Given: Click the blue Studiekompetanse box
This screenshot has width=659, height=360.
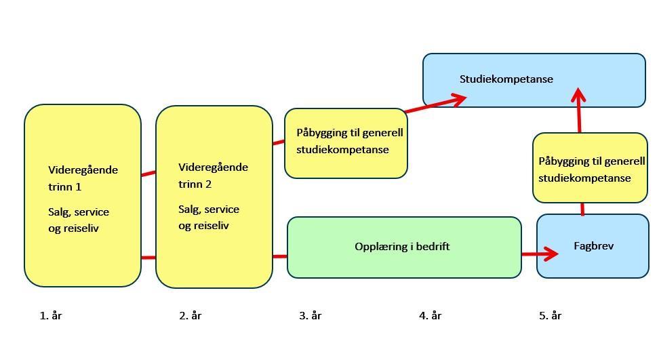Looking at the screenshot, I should [534, 80].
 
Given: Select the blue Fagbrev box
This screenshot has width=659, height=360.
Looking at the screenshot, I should [593, 246].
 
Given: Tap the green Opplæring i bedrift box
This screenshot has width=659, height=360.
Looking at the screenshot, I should [404, 247].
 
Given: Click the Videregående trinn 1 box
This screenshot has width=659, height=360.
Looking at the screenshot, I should [83, 195].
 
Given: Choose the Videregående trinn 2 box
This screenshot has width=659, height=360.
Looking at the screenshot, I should [214, 197].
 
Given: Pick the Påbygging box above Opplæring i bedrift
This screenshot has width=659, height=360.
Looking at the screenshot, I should [346, 143].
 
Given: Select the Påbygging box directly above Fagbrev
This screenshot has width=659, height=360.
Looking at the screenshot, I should [590, 168].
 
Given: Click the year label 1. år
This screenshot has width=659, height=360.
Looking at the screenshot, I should [51, 315].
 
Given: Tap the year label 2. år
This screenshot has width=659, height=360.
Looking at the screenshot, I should [191, 315].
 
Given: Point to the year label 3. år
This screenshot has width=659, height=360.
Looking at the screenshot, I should [311, 315].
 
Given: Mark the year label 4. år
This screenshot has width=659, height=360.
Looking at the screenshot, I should [430, 315].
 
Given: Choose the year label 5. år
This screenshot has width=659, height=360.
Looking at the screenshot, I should [551, 315].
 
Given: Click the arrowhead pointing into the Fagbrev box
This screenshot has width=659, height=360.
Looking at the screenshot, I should [551, 254].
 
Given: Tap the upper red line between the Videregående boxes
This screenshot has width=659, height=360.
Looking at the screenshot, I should [148, 174].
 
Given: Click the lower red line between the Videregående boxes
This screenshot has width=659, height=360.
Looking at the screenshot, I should [148, 258].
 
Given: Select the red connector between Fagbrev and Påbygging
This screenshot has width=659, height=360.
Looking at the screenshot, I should [582, 208].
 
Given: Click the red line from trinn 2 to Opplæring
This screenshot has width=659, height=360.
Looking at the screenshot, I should [279, 256].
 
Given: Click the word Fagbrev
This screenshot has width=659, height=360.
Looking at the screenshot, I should [593, 246].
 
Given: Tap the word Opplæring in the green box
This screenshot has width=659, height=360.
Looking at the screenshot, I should [376, 247].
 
